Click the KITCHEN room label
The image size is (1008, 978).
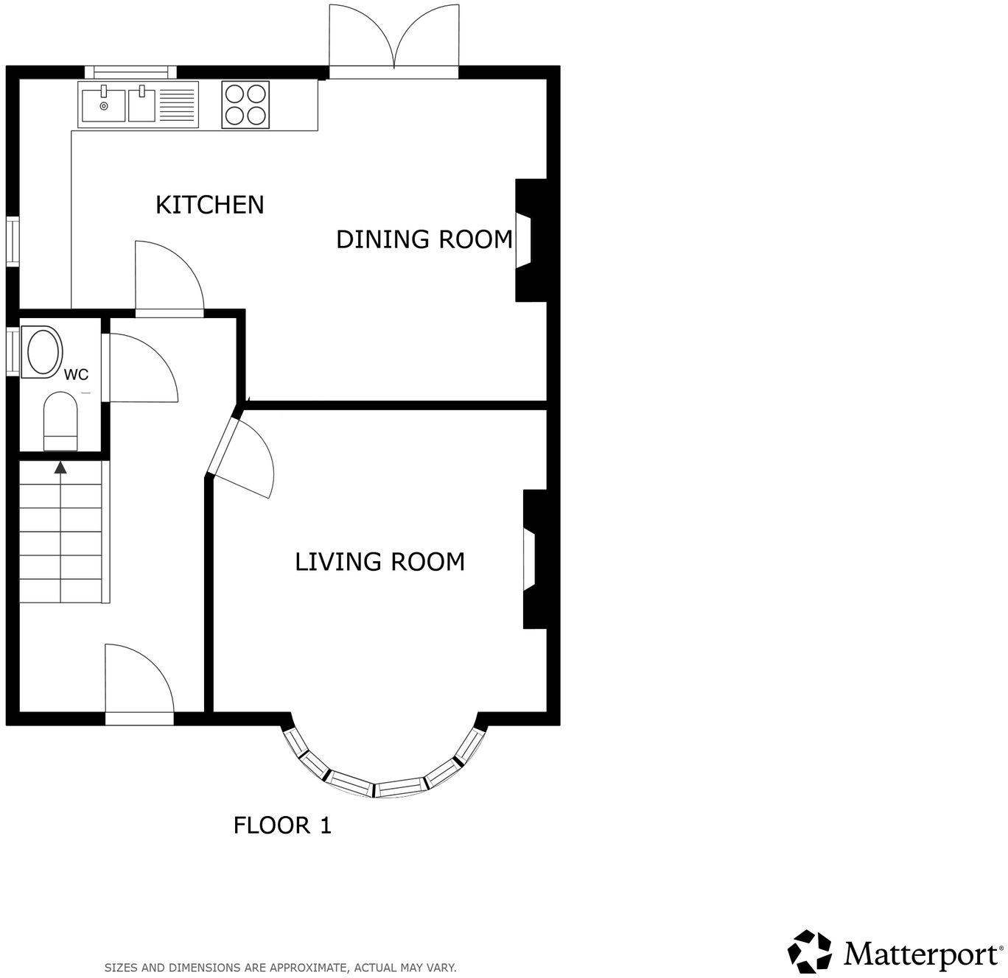click(209, 205)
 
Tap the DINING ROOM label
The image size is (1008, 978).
click(424, 239)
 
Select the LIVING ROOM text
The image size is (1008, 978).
click(379, 562)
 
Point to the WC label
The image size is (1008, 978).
click(76, 374)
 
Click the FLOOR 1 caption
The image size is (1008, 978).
click(282, 826)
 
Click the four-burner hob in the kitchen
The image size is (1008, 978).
click(245, 105)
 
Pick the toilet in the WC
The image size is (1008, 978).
click(60, 421)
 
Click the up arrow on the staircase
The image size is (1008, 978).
click(60, 467)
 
